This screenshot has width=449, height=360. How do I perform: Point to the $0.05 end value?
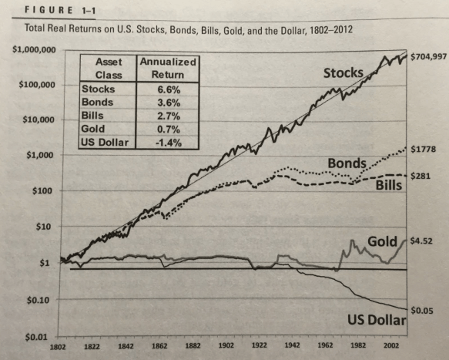click(x=422, y=311)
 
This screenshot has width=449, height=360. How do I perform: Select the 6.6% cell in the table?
click(x=168, y=89)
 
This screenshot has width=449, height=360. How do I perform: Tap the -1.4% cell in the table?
click(x=168, y=143)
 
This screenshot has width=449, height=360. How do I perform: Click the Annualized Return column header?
click(x=168, y=69)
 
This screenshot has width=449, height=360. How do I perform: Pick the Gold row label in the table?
click(x=92, y=130)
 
